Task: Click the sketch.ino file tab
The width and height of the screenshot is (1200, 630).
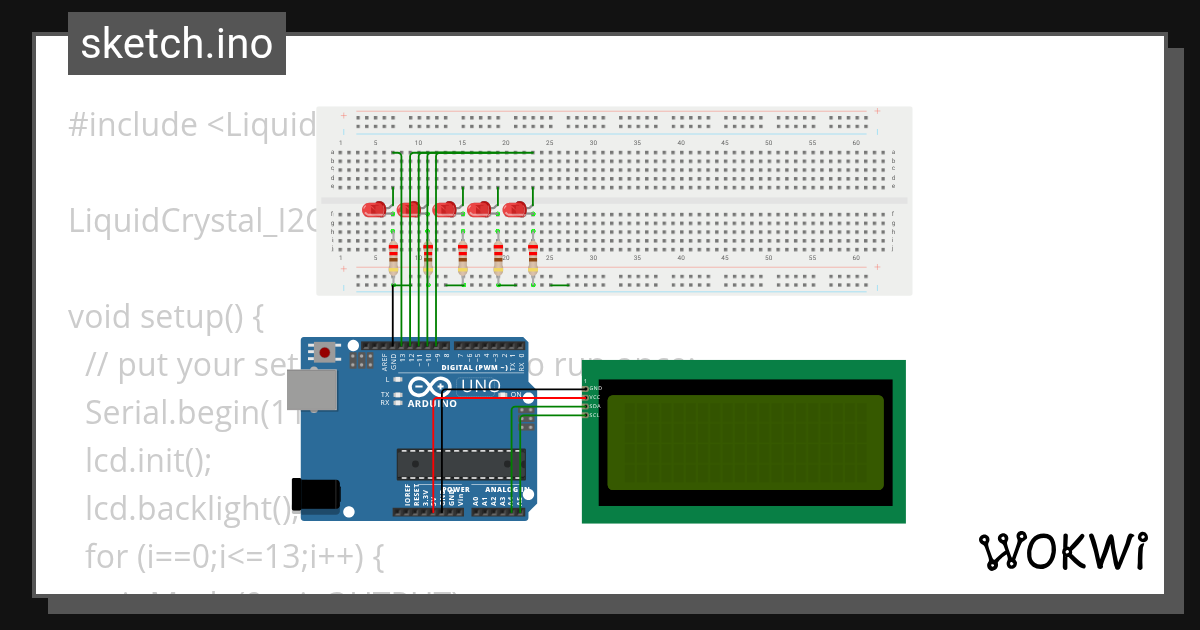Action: click(177, 44)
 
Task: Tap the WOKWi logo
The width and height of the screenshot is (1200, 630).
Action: click(1062, 551)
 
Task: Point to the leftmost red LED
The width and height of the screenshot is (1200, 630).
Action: click(374, 210)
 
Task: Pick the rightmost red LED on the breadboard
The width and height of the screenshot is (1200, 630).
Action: click(515, 210)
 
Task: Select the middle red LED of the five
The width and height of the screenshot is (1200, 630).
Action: click(445, 210)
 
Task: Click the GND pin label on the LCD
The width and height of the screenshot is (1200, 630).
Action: click(594, 387)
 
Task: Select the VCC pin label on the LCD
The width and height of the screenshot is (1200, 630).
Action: click(594, 397)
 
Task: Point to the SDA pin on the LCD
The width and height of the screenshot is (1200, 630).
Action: click(594, 406)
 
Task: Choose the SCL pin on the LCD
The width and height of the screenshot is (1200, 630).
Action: click(594, 415)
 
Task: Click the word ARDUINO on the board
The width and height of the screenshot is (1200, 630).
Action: click(432, 404)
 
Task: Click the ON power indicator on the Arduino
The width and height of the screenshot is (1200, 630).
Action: click(516, 395)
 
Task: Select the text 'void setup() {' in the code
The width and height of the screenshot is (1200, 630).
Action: click(165, 317)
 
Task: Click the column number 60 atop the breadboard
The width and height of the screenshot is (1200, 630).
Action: click(856, 143)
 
